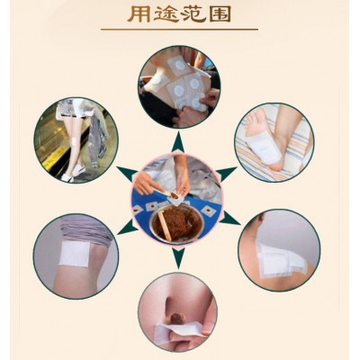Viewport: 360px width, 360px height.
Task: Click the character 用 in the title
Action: point(139,14)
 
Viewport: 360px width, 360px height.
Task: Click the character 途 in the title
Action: point(166,14)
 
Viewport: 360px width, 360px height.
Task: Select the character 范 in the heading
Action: point(193,14)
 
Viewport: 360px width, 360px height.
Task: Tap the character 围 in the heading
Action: point(220,14)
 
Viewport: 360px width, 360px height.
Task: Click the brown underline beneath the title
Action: point(179,30)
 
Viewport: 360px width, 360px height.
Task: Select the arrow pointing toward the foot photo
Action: point(227,173)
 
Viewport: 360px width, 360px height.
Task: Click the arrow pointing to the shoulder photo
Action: point(229,218)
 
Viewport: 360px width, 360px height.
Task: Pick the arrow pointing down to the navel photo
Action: point(178,258)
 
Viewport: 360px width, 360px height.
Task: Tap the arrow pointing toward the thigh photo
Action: point(128,227)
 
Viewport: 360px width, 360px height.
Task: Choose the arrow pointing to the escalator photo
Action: point(127,174)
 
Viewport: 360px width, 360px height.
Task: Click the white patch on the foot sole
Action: point(264,148)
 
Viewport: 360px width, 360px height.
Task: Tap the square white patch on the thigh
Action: point(75,254)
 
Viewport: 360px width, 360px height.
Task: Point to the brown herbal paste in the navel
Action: point(176,318)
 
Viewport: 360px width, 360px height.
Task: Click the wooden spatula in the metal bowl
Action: point(165,225)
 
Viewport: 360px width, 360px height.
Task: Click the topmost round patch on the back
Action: point(179,64)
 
